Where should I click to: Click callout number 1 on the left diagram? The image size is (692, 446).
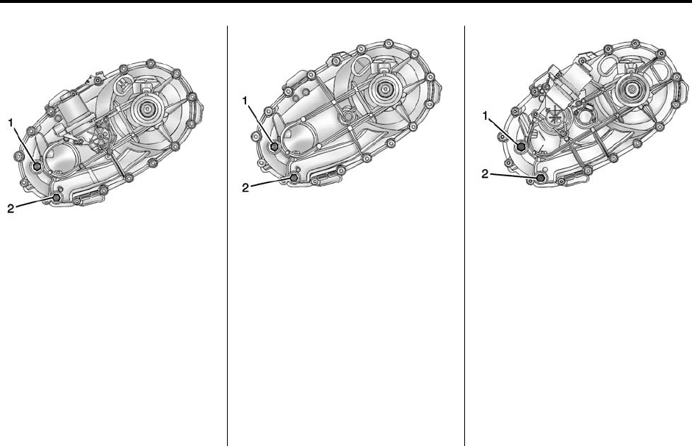(11, 123)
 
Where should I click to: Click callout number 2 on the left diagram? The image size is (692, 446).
(11, 208)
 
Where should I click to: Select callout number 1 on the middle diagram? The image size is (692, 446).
(245, 101)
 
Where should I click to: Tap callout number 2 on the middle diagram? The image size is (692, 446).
(246, 187)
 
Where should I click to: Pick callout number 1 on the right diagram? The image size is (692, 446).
(486, 116)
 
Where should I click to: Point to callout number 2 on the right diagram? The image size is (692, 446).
(485, 174)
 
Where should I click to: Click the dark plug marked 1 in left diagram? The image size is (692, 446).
(37, 166)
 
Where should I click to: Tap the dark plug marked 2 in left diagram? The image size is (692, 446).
(57, 198)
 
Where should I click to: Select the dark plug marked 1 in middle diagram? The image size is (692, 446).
(275, 145)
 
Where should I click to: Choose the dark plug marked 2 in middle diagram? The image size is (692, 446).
(294, 178)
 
